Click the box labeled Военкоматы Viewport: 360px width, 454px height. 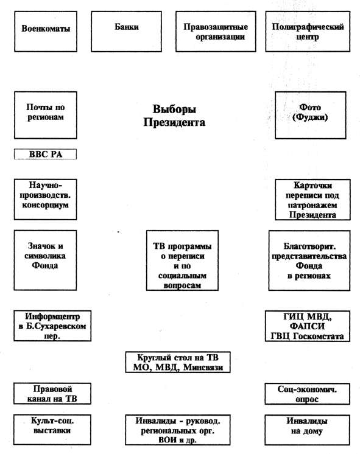46,32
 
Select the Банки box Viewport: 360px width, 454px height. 126,32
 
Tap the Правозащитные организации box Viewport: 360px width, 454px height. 216,32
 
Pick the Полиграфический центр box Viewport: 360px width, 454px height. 308,32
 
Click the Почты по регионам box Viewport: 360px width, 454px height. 46,115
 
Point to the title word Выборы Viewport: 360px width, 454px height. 174,109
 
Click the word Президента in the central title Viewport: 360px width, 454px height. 174,122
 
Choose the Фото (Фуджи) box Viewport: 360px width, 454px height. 311,115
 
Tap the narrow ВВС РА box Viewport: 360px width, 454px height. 46,154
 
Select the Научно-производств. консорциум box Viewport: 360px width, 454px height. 45,200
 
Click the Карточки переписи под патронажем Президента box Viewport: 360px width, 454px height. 312,200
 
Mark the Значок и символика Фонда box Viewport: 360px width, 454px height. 45,260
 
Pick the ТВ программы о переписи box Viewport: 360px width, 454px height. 182,260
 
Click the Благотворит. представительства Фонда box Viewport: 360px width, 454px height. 309,260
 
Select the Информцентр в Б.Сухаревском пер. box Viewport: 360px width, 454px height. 52,326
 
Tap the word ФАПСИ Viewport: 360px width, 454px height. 307,326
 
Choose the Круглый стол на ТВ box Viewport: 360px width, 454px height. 178,362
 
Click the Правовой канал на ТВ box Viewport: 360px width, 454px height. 52,394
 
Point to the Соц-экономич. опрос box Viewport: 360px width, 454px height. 307,394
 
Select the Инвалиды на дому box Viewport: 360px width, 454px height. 307,430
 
